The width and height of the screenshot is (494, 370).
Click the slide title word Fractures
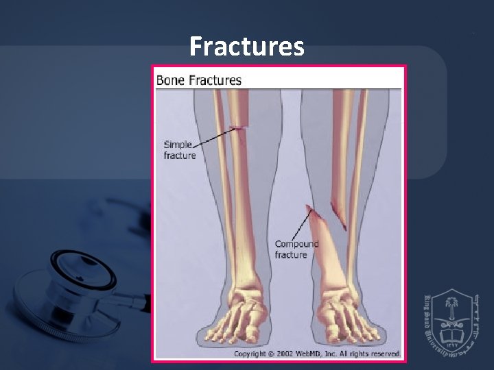[247, 47]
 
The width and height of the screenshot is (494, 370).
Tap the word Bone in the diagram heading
[170, 79]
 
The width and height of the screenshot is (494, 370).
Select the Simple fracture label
[179, 149]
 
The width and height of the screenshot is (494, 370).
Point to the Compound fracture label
[296, 249]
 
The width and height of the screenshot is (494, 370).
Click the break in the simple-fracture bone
[238, 127]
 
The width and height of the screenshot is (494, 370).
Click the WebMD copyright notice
[317, 354]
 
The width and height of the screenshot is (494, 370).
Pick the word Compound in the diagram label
[296, 244]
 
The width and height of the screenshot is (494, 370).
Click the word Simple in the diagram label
[178, 145]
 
